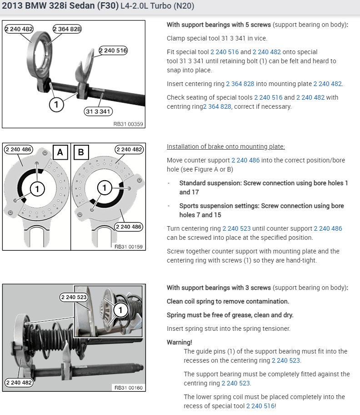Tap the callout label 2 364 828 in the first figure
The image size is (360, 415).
click(67, 29)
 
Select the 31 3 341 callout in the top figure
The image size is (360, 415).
click(98, 111)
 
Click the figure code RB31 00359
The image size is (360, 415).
click(128, 123)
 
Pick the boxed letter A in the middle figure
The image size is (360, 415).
click(60, 152)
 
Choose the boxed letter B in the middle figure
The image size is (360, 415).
click(81, 152)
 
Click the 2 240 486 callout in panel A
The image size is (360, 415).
click(19, 149)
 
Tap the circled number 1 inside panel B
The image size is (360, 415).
click(105, 187)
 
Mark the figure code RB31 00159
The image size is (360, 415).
click(128, 246)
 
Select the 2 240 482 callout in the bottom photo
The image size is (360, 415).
click(19, 382)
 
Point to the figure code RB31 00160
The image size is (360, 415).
click(128, 387)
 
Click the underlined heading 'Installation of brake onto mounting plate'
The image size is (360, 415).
click(226, 147)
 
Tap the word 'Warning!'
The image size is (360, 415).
click(180, 342)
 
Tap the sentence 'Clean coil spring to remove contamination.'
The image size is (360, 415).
click(228, 301)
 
